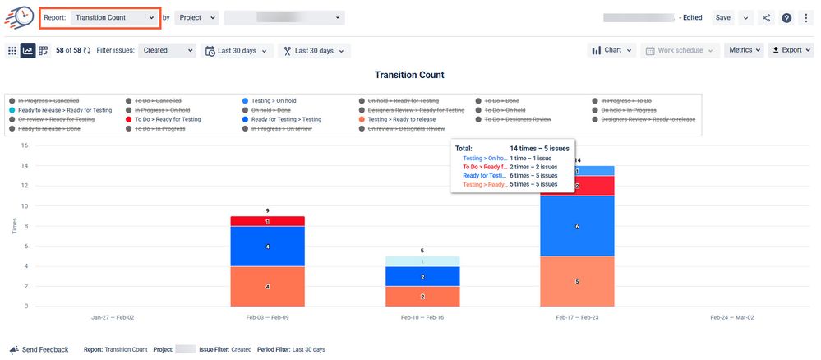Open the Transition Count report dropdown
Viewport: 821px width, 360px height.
point(114,17)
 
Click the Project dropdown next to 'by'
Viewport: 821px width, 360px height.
point(196,17)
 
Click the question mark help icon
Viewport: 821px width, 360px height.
point(786,18)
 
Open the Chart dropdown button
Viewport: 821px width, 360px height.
point(612,50)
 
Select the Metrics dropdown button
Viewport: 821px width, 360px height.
point(744,50)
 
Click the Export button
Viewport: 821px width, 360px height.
point(791,50)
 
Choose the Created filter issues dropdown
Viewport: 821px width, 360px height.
point(167,50)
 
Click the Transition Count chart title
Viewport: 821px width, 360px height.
point(409,75)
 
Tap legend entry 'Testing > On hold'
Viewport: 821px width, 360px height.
point(274,100)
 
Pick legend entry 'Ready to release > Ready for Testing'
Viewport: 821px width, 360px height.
point(65,110)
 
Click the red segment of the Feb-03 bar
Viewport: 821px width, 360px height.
point(268,221)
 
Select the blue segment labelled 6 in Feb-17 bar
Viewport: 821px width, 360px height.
point(577,226)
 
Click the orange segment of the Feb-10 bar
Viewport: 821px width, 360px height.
point(422,297)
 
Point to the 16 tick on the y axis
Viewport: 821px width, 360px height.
point(25,145)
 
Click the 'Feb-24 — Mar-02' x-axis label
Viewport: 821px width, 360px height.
point(731,316)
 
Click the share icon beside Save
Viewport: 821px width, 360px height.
point(766,18)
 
